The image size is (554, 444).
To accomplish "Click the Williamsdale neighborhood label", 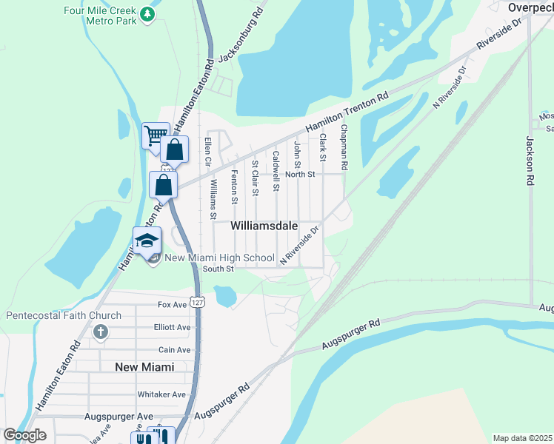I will point(264,225).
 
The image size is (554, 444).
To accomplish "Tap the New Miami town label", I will point(144,367).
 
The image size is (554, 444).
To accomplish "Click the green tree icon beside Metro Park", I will point(148,14).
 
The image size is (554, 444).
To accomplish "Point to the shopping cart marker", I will point(155,135).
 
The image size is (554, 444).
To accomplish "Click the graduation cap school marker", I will point(147,240).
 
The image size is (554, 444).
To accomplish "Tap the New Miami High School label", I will point(209,258).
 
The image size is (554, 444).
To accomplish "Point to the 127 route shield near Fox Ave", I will point(196,302).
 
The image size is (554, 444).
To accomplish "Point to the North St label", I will point(301,175).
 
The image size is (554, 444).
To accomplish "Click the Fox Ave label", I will point(172,304).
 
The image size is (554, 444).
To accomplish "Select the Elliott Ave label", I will point(174,327).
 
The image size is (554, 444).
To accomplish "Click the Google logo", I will point(24,434).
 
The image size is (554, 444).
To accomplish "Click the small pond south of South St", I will point(225,297).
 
